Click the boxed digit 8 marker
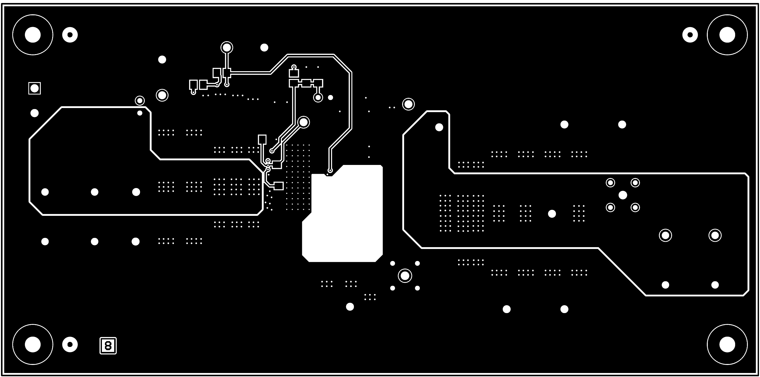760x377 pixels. tap(108, 345)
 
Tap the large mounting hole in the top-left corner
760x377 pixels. tap(32, 35)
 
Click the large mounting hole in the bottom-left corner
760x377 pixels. tap(32, 344)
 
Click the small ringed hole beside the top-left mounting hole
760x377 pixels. tap(70, 35)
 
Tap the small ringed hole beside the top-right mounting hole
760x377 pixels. tap(690, 35)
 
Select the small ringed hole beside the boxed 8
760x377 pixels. tap(70, 344)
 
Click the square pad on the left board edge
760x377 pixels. tap(35, 88)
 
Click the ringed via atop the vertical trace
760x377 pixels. tap(227, 47)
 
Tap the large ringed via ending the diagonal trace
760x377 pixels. tap(304, 122)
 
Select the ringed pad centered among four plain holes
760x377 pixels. tap(405, 275)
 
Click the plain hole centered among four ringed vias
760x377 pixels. tap(622, 195)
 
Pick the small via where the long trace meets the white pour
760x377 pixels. tap(330, 170)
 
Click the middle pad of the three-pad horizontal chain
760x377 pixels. tap(306, 83)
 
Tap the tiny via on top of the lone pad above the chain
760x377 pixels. tap(294, 67)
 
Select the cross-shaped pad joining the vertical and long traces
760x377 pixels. tap(227, 72)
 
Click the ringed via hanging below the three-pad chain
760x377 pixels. tap(318, 97)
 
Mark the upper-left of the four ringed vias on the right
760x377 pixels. tap(610, 183)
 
